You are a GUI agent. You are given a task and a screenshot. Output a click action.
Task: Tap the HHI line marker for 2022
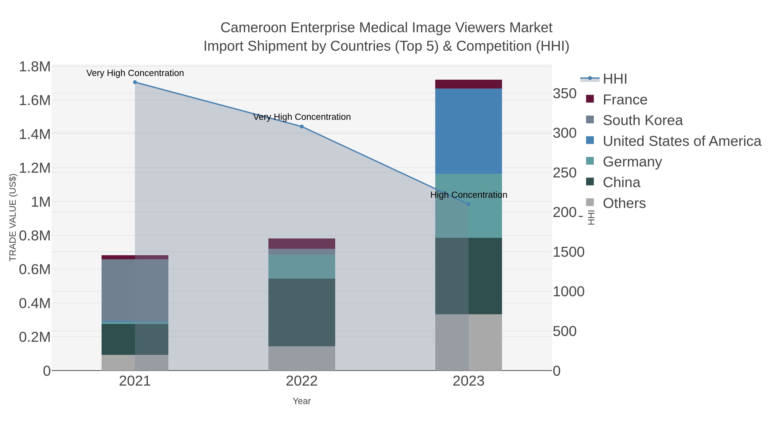click(302, 127)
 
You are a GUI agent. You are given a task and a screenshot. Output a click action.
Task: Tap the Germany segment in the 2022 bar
click(302, 267)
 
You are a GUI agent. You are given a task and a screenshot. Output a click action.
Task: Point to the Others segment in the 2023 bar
click(469, 342)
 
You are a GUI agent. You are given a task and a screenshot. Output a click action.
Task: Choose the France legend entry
click(625, 100)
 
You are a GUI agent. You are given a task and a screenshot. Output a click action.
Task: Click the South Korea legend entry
click(642, 120)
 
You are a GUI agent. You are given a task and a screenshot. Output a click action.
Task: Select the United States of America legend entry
click(681, 141)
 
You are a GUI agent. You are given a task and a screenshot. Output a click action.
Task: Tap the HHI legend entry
click(615, 79)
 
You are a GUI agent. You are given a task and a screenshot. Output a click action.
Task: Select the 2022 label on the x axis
click(302, 381)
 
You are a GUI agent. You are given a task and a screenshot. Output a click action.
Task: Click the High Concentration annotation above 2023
click(469, 195)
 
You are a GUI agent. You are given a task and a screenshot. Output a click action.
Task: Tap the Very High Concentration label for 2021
click(135, 73)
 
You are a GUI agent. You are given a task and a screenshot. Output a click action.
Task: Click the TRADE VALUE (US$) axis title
click(13, 217)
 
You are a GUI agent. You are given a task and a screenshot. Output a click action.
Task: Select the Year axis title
click(302, 401)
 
